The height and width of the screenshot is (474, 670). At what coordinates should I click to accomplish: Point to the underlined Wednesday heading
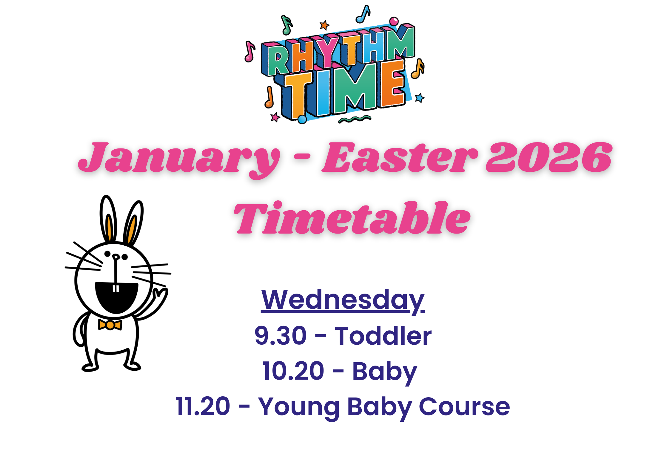343,301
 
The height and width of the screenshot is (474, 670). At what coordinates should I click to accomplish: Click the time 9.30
281,336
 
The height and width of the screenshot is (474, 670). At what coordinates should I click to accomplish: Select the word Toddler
383,335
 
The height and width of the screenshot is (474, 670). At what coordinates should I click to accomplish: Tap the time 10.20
293,371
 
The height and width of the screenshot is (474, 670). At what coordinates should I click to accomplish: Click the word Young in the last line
299,408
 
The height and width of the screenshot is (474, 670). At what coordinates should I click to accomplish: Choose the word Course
464,407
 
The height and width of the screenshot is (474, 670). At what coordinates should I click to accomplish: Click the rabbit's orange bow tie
110,325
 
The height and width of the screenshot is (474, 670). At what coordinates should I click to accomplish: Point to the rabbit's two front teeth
115,289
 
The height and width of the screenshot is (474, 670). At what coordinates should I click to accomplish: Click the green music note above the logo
287,25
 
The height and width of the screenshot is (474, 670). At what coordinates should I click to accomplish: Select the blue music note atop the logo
363,14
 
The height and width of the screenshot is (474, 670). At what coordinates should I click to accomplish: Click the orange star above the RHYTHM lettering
324,25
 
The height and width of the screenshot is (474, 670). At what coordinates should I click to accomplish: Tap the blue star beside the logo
420,98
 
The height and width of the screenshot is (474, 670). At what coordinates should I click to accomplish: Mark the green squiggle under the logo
355,119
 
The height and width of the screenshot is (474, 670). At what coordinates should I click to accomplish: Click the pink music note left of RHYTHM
249,51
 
